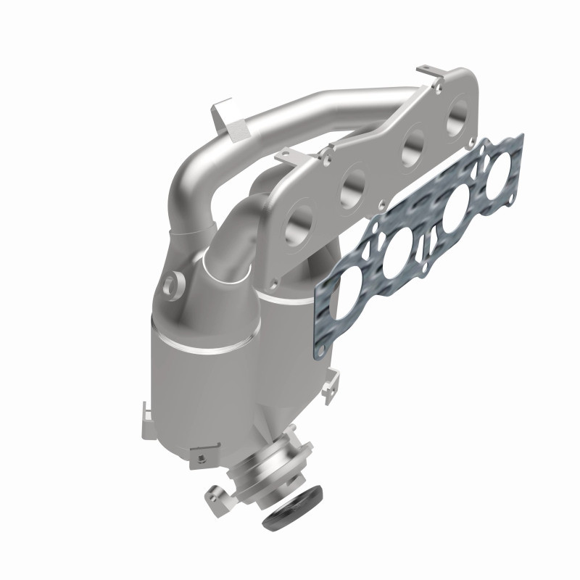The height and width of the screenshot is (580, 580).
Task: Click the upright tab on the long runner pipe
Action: (220, 120)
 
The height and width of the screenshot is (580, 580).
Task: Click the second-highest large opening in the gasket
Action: (455, 212)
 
